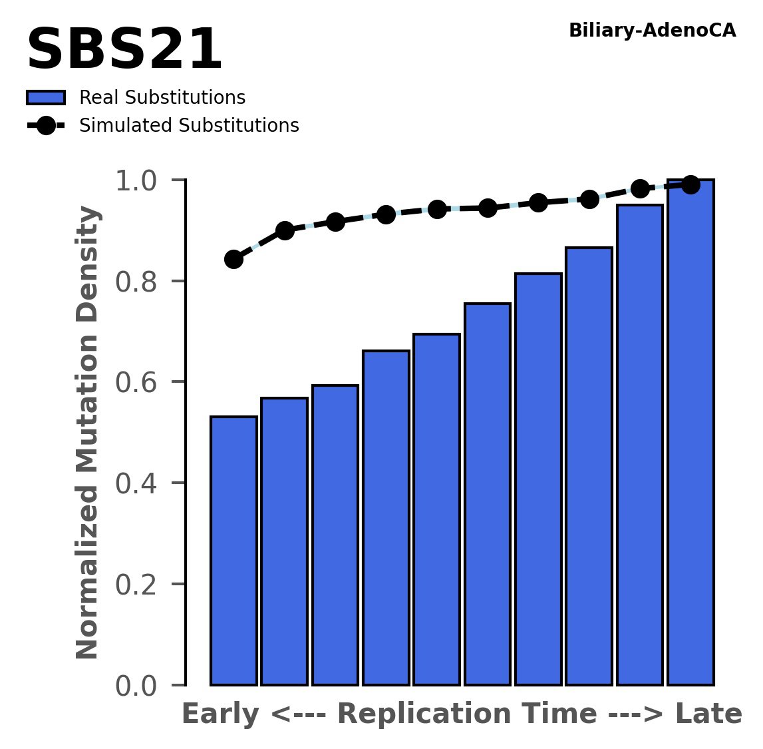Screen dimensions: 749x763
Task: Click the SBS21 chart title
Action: click(124, 51)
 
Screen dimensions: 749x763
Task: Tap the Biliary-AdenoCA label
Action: click(652, 31)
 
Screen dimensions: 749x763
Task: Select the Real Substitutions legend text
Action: click(162, 98)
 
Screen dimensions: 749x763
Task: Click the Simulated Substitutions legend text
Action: click(189, 126)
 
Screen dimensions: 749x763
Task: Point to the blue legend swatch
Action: click(46, 98)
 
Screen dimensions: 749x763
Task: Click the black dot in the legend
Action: click(46, 126)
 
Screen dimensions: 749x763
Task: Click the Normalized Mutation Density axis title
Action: click(88, 433)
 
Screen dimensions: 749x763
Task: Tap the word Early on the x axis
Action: click(220, 714)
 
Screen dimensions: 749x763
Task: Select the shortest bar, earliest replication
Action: click(233, 551)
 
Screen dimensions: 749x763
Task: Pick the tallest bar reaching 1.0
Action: click(690, 433)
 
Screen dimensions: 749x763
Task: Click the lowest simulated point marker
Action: click(233, 259)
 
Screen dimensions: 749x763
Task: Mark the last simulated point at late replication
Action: click(690, 184)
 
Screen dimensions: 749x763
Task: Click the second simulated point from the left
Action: click(285, 230)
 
